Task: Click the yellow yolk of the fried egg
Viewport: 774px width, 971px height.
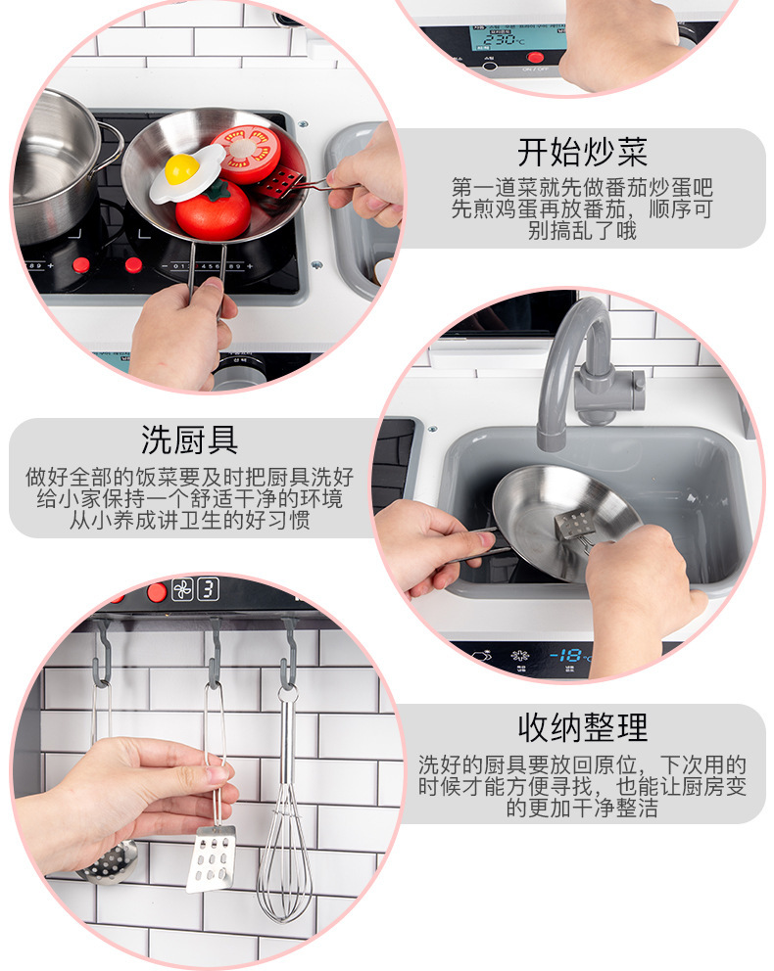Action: [181, 167]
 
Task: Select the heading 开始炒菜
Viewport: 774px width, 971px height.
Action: [583, 153]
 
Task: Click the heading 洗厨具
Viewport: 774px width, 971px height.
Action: [190, 440]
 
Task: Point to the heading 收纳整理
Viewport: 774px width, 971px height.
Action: [583, 727]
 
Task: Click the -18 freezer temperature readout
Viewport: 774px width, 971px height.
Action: [569, 655]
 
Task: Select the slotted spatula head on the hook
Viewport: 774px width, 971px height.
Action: [212, 858]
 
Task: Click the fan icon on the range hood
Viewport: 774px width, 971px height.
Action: [182, 589]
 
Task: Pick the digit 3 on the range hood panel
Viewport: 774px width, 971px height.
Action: [209, 589]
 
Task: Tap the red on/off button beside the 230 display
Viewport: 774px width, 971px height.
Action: [535, 57]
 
